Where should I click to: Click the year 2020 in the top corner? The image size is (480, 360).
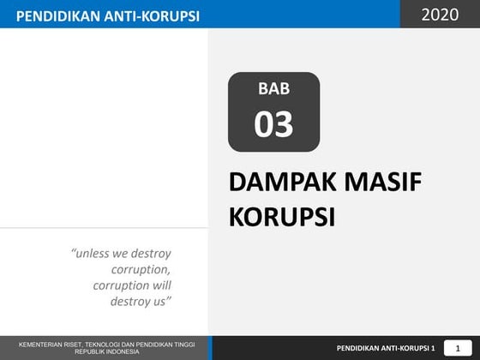click(x=441, y=15)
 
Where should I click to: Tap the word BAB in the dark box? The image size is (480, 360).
click(x=273, y=89)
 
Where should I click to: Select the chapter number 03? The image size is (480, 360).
click(x=273, y=125)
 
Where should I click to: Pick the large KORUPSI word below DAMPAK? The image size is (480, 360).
click(x=281, y=216)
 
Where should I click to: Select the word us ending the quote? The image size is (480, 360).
click(x=162, y=302)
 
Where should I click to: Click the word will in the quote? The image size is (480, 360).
click(x=159, y=285)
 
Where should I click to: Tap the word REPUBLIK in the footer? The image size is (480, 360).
click(x=89, y=351)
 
